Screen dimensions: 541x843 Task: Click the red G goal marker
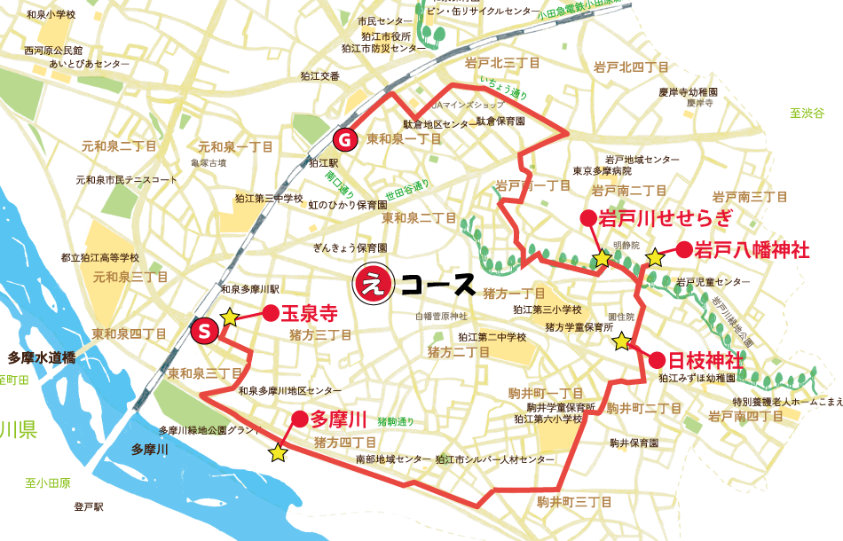(x=344, y=139)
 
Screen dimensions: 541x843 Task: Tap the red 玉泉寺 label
(x=310, y=313)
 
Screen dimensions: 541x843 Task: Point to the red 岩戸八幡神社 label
(x=752, y=250)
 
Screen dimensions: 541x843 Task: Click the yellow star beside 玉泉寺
(x=229, y=317)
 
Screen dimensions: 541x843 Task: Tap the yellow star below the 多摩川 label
(x=278, y=453)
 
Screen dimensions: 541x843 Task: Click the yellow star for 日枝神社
(x=622, y=340)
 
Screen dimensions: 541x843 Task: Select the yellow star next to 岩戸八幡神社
(x=654, y=257)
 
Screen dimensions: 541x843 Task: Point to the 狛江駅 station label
(x=319, y=164)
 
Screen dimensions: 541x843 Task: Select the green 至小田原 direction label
(x=48, y=483)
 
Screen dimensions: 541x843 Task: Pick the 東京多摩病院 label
(x=602, y=171)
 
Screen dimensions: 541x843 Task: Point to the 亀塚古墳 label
(x=209, y=163)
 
